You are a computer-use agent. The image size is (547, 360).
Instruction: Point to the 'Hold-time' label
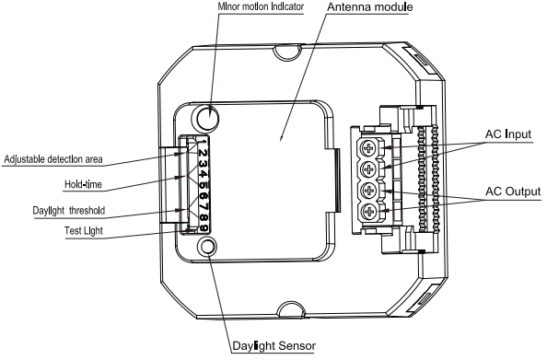[x=90, y=185]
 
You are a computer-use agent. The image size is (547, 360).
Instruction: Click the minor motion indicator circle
[x=211, y=118]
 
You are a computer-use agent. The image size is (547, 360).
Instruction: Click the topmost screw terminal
[x=369, y=147]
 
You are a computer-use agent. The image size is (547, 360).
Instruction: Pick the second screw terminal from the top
[x=369, y=169]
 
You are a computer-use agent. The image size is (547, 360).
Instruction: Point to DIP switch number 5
[x=202, y=183]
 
